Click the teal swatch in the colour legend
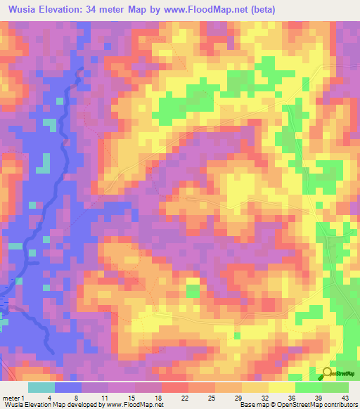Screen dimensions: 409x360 coord(41,387)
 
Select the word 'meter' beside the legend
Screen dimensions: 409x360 coord(10,398)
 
